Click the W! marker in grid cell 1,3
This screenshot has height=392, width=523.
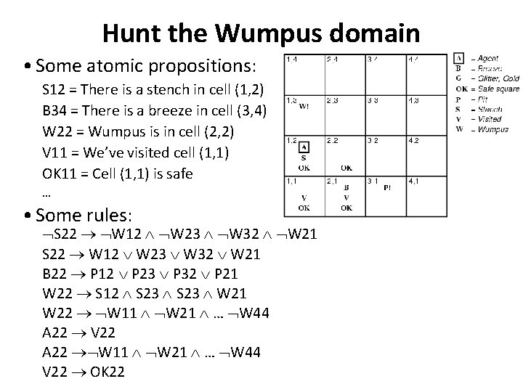click(304, 107)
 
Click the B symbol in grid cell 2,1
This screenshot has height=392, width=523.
click(346, 187)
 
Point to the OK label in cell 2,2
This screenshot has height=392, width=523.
click(346, 168)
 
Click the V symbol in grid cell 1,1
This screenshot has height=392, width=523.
click(304, 198)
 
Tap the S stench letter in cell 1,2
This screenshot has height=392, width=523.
click(304, 158)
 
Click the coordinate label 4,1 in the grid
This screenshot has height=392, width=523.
click(413, 180)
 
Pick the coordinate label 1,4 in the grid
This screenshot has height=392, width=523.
click(291, 59)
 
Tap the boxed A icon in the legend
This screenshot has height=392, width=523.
click(459, 58)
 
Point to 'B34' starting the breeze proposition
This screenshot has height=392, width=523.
click(56, 112)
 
